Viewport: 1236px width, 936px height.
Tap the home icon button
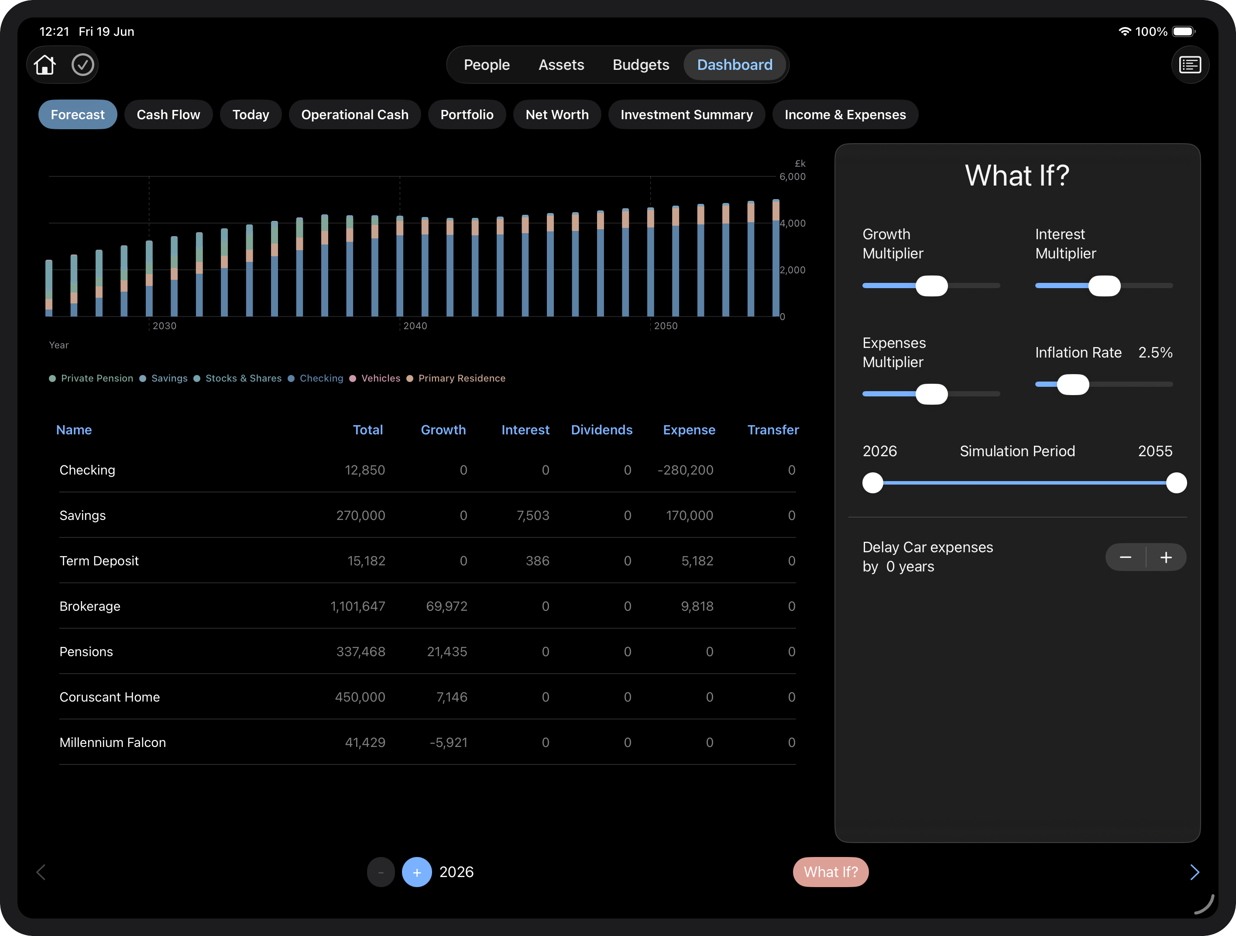(45, 65)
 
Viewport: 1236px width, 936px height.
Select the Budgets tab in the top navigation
(640, 65)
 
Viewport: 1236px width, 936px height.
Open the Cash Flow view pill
(168, 114)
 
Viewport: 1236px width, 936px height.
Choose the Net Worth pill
(556, 114)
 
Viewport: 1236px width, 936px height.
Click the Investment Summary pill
(686, 114)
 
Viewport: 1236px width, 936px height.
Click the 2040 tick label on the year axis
(415, 326)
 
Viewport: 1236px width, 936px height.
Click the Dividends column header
(601, 430)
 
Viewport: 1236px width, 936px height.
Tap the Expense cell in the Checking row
(685, 470)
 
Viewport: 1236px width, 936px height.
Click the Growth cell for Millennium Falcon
(448, 743)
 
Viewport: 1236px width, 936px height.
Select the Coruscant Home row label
(110, 697)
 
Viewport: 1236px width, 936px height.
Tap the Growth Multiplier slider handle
(931, 286)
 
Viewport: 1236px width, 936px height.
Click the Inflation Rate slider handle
(1073, 385)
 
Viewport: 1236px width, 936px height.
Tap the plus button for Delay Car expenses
(1166, 557)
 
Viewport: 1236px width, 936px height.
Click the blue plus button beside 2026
(417, 872)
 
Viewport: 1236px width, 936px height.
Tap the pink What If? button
(831, 872)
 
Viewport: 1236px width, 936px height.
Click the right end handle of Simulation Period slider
(1176, 483)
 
